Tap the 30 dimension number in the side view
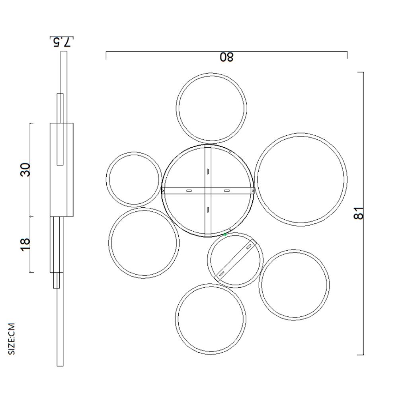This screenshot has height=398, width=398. coord(25,170)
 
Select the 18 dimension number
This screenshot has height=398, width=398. coord(25,244)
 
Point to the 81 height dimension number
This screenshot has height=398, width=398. coord(359,213)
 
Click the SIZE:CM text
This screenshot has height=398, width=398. coord(12,338)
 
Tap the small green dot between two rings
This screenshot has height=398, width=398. coord(225,234)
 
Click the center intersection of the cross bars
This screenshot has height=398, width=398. coord(207,191)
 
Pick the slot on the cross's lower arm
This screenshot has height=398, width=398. coord(207,209)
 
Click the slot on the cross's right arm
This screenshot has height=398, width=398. coord(226,191)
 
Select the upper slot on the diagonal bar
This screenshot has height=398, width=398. coord(249,247)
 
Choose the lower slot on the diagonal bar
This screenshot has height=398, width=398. coord(222,273)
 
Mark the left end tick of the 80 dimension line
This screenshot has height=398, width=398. coord(106,55)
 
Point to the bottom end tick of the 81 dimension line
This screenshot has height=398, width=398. coord(361,354)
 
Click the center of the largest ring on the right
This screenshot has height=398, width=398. coord(301,180)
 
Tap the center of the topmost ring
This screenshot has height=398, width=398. coord(211,107)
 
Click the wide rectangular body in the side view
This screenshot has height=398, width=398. coord(62,170)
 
